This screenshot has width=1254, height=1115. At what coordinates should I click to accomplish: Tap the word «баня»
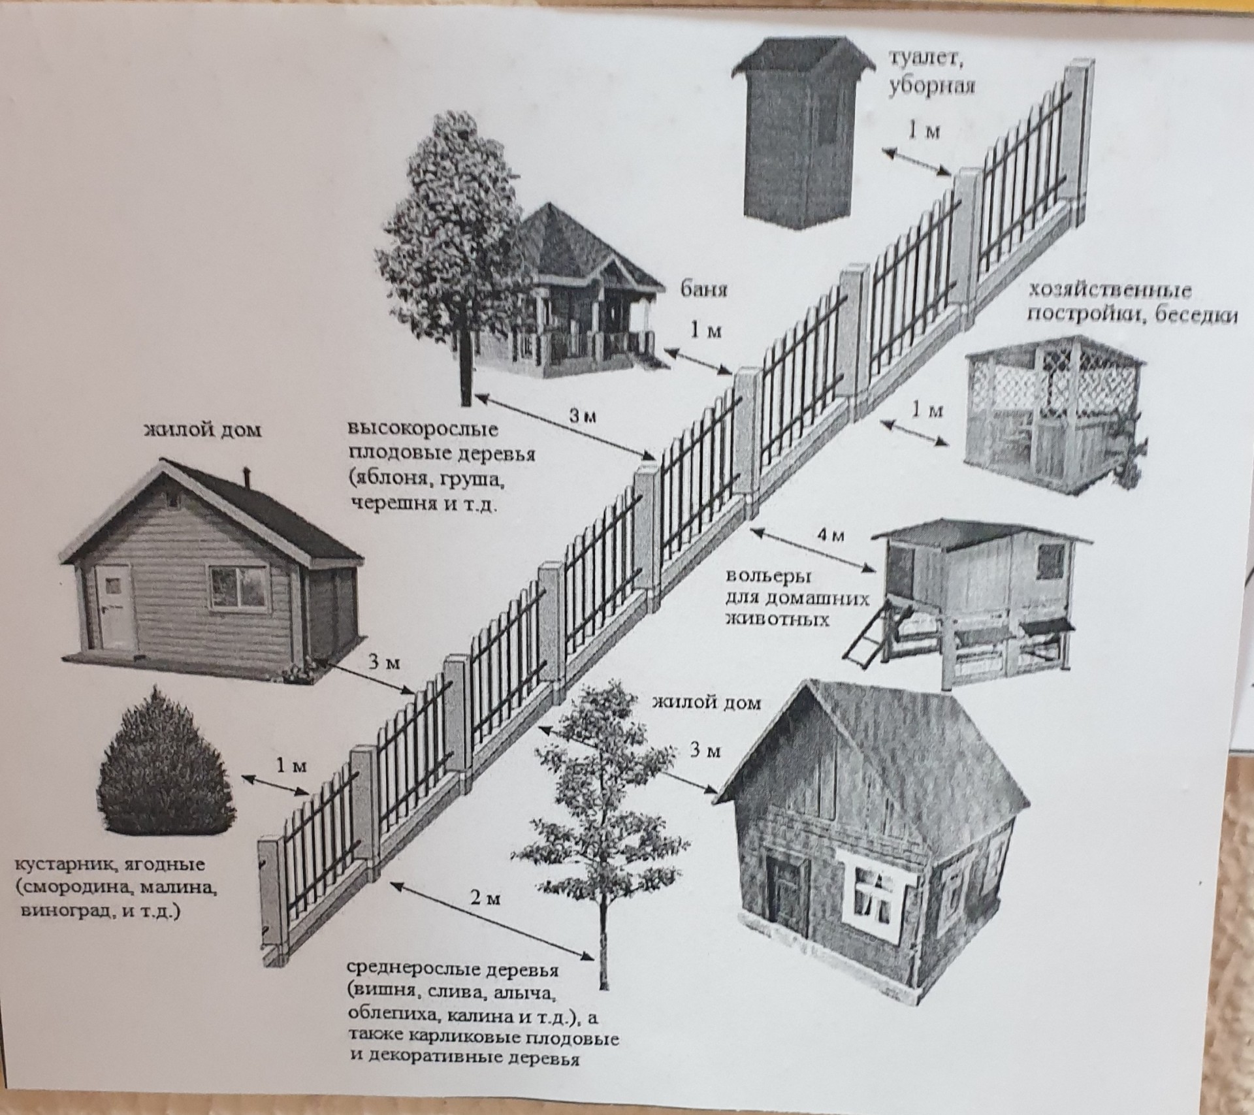coord(705,288)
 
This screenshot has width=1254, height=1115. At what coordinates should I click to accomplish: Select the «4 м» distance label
coord(830,535)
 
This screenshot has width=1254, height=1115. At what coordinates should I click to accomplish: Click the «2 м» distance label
coord(485,899)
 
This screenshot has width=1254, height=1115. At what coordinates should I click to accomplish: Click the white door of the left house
coord(115,604)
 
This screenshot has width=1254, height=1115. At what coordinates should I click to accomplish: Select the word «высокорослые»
coord(422,430)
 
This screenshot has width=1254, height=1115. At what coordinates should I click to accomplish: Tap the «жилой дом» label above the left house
coord(202,430)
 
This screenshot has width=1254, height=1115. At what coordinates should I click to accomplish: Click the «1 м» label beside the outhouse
coord(924,132)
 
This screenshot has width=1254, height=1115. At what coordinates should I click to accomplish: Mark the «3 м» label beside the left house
coord(384,662)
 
